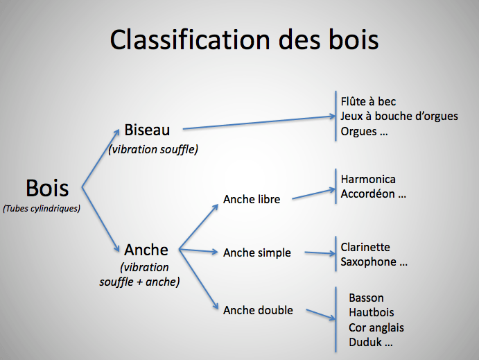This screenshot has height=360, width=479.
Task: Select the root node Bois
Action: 47,188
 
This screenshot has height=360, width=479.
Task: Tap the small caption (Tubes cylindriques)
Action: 41,207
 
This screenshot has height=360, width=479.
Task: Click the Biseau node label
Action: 147,130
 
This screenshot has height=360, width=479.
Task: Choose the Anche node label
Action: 146,250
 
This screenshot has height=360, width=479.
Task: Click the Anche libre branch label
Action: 252,200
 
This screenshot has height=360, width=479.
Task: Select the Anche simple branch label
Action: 256,253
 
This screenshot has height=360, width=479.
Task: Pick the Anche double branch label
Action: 258,310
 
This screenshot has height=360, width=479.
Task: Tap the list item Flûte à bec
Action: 368,101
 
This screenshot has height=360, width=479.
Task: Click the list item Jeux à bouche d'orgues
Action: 399,116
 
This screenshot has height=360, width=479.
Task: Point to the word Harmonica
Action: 368,179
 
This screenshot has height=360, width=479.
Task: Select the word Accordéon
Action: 367,194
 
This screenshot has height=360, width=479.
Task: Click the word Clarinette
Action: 365,247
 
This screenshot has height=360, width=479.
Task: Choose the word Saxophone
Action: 368,262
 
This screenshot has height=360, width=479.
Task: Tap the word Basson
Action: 367,298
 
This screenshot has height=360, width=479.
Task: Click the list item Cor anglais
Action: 376,327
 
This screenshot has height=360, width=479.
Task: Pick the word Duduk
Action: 365,342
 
